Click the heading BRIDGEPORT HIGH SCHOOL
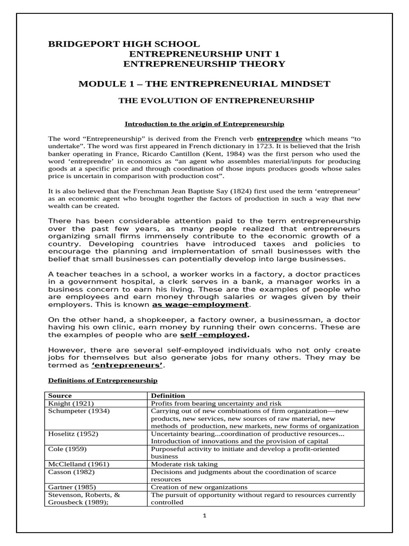pos(124,44)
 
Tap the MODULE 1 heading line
pos(204,84)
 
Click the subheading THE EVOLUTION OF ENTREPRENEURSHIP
pos(216,100)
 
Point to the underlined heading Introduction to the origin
pos(204,124)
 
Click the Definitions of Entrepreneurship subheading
pos(103,381)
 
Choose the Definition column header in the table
pos(168,396)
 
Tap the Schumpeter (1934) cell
pos(76,411)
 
